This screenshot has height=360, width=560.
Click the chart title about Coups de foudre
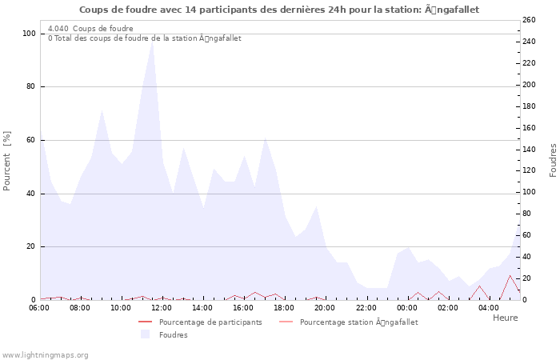pyautogui.click(x=279, y=10)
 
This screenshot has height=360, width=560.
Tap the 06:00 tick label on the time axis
pyautogui.click(x=39, y=307)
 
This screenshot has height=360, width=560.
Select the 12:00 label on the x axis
pyautogui.click(x=162, y=307)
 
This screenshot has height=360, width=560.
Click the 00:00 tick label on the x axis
pyautogui.click(x=408, y=307)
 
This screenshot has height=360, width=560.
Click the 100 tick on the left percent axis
pyautogui.click(x=29, y=34)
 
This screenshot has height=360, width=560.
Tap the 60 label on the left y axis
pyautogui.click(x=30, y=140)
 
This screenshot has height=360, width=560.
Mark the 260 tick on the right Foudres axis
pyautogui.click(x=530, y=20)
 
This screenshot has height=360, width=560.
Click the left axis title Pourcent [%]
pyautogui.click(x=7, y=161)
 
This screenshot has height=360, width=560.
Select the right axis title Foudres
pyautogui.click(x=553, y=161)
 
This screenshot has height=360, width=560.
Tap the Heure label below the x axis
pyautogui.click(x=505, y=318)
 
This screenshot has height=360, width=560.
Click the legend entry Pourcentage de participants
pyautogui.click(x=210, y=322)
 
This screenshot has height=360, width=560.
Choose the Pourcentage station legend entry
pyautogui.click(x=358, y=322)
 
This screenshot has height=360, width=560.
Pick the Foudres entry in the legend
pyautogui.click(x=173, y=335)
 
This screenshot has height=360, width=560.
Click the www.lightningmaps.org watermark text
pyautogui.click(x=45, y=354)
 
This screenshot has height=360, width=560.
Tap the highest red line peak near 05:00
pyautogui.click(x=510, y=276)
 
